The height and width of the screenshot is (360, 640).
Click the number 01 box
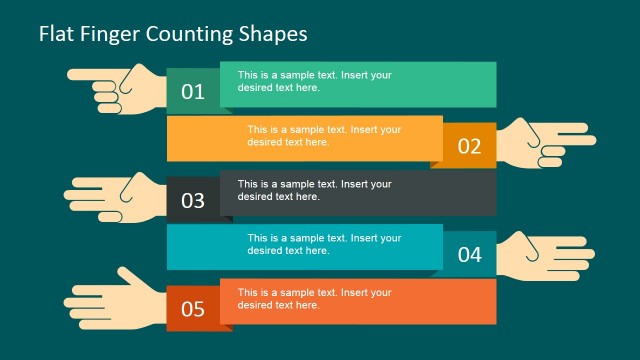[x=192, y=92]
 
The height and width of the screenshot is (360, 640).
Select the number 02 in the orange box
[x=469, y=146]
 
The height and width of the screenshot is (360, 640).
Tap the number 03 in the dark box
[x=192, y=200]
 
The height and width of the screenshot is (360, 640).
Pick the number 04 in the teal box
[x=469, y=254]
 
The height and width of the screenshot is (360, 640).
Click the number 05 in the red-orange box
[x=192, y=308]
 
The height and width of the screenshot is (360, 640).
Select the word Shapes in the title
[x=273, y=33]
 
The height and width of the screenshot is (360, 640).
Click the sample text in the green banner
[x=313, y=80]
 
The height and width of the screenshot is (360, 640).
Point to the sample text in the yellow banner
[x=324, y=135]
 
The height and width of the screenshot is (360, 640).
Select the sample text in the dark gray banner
[x=313, y=190]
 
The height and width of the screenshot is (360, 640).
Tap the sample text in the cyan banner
[x=324, y=244]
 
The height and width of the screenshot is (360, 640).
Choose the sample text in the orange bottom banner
[x=313, y=298]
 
